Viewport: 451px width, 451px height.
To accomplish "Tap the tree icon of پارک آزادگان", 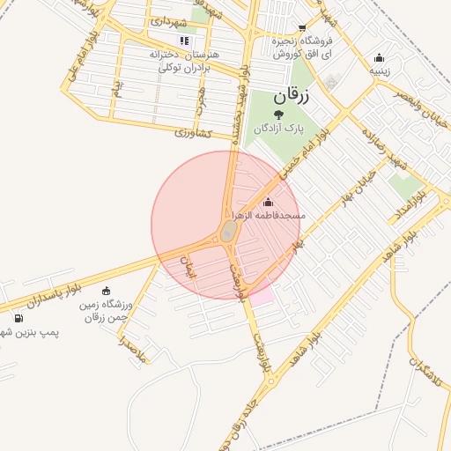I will (x=279, y=114).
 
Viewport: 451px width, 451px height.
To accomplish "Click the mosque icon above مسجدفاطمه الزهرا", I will (x=268, y=203).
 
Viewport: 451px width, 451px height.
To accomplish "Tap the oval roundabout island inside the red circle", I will (x=228, y=232).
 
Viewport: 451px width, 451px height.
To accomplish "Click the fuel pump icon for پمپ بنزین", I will (x=18, y=318).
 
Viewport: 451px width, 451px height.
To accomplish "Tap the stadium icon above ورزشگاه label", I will (x=107, y=292).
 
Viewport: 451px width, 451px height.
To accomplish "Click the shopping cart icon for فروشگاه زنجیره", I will (x=302, y=28).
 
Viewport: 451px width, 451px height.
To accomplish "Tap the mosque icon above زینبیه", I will (x=379, y=57).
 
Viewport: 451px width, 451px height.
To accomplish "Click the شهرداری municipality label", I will (x=167, y=19).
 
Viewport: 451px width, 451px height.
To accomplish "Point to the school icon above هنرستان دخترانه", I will (x=184, y=41).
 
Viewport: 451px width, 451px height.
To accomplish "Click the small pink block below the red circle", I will (x=262, y=297).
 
